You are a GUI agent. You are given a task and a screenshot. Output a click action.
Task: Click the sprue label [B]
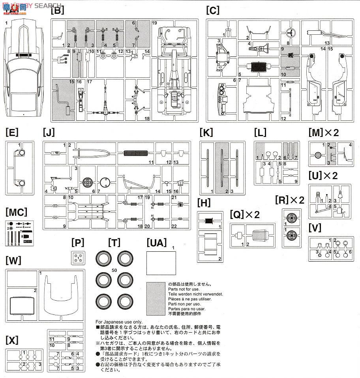coord(57,11)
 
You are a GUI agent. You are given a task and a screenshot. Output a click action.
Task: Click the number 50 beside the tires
coord(114,270)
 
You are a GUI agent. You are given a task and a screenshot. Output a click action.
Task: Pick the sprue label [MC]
coord(16,213)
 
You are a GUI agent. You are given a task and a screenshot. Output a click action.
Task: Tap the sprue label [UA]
coord(156,242)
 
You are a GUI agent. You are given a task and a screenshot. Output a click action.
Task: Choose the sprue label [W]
coord(13,260)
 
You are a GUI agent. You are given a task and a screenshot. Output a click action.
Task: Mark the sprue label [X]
coord(13,341)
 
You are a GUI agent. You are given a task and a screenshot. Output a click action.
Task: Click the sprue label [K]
coord(206,132)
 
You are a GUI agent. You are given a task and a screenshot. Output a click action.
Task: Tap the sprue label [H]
coord(204,203)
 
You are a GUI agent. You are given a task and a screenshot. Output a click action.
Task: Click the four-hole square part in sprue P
coord(78,258)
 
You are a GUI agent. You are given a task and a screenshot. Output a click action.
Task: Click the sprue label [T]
coord(114,242)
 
